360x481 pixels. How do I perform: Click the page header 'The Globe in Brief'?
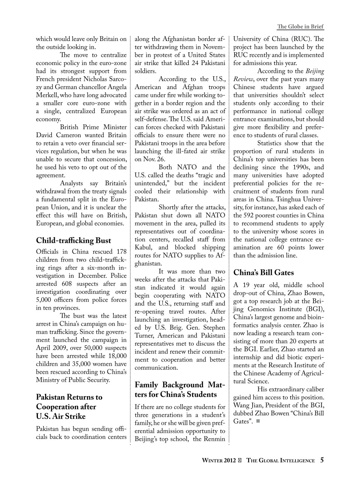click(x=300, y=27)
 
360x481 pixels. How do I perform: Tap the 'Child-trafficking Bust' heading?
click(x=74, y=240)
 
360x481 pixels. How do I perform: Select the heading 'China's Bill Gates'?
click(x=264, y=272)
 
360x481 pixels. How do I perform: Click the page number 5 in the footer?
click(x=322, y=460)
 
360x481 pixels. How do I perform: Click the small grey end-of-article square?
click(x=258, y=421)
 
